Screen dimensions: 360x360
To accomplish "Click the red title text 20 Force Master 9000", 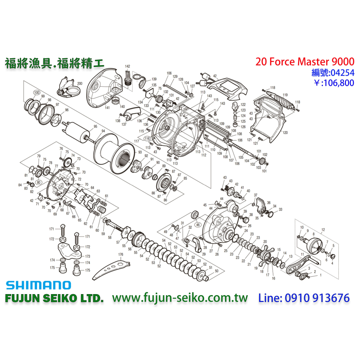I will coord(305,62).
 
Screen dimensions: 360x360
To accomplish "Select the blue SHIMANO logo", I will coord(38,285).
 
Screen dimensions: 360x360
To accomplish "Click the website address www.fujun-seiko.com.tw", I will coord(180,298).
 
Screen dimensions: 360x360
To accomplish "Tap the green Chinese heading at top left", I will coord(54,63).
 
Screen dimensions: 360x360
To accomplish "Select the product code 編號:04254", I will coord(332,73).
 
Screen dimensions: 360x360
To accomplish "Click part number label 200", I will coord(80,84).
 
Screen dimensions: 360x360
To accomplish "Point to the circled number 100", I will coord(36,93).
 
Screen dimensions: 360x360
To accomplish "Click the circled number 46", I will coord(197,224).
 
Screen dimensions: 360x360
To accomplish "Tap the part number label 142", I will coord(127,67).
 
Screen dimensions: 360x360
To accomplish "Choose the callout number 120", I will coord(285,133).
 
